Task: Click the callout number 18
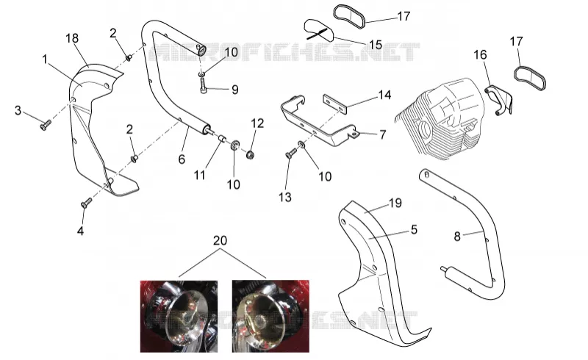(72, 38)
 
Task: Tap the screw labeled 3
(45, 125)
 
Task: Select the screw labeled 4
(86, 203)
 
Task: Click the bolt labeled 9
(204, 86)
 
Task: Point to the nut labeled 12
(250, 154)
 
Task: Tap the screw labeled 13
(291, 153)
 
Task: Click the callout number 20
(220, 240)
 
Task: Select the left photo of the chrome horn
(179, 316)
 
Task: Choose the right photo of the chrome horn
(270, 316)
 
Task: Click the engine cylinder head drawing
(439, 118)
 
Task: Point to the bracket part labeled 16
(499, 99)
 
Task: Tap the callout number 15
(376, 45)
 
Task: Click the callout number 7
(382, 134)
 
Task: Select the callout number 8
(457, 237)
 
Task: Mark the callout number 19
(395, 203)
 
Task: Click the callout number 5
(414, 229)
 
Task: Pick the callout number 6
(182, 159)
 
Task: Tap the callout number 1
(45, 60)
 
